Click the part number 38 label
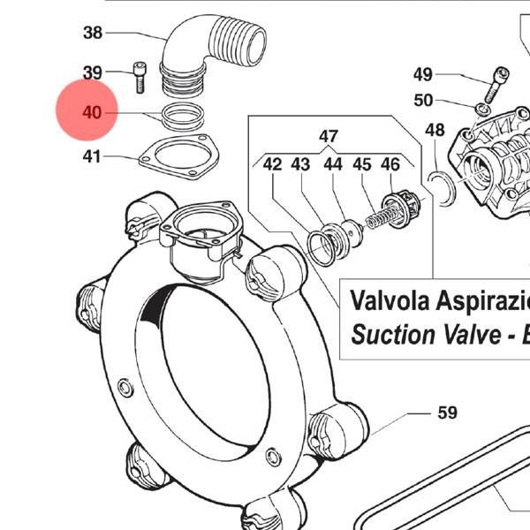click(x=93, y=33)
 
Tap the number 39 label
click(x=93, y=72)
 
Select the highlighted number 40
click(x=92, y=112)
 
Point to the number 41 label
click(x=92, y=156)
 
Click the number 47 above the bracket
click(x=329, y=136)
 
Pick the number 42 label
click(x=272, y=164)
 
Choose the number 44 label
click(x=333, y=164)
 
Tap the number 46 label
click(x=390, y=164)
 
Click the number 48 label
click(x=435, y=130)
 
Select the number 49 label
click(x=423, y=74)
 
